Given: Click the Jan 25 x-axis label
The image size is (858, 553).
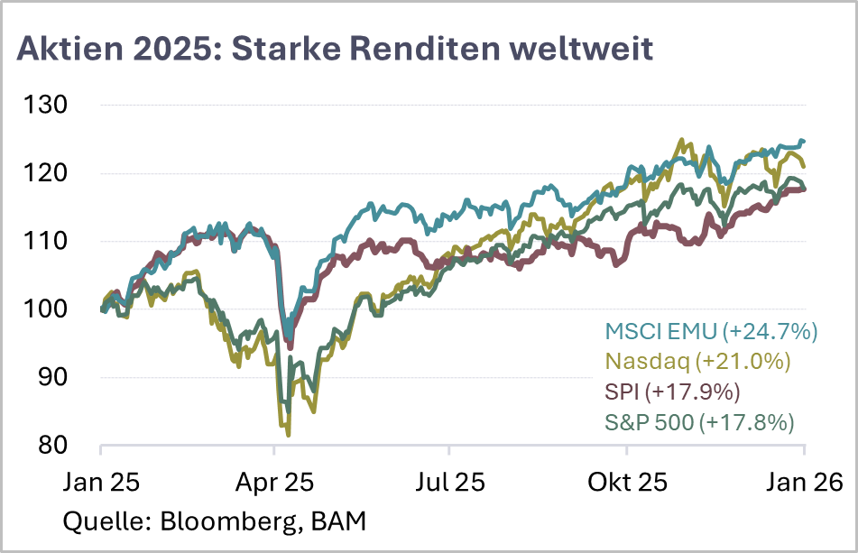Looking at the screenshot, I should point(100,482).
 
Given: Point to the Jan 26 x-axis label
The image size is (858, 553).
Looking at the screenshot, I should point(803,482).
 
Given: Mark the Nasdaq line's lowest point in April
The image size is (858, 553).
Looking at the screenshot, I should point(288,435).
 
